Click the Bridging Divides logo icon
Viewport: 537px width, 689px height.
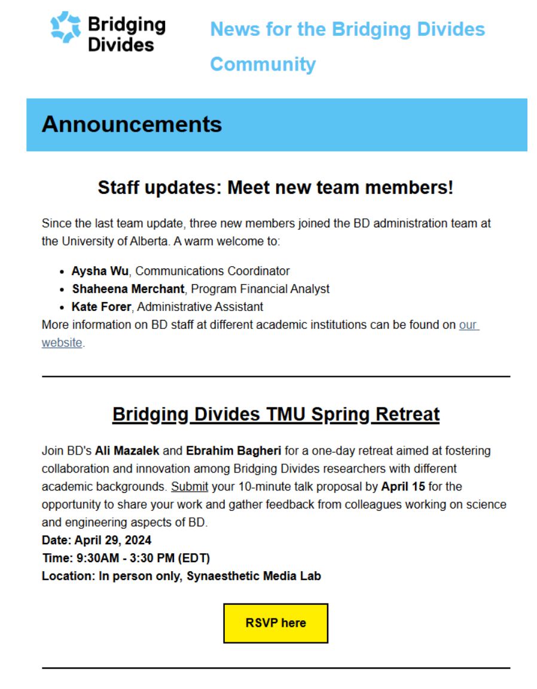66,28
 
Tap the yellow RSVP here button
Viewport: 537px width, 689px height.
276,623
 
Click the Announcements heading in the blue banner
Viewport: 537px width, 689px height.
132,124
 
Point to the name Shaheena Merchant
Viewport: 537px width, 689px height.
128,289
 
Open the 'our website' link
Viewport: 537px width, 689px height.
469,325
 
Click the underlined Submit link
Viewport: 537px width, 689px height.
190,486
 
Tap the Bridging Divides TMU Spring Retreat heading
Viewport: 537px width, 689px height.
276,414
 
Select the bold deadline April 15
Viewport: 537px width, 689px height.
403,486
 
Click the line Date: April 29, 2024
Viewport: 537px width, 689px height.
96,540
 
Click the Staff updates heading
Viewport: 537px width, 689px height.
276,188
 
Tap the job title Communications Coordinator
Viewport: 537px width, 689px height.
213,271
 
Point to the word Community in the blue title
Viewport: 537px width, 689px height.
263,64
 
